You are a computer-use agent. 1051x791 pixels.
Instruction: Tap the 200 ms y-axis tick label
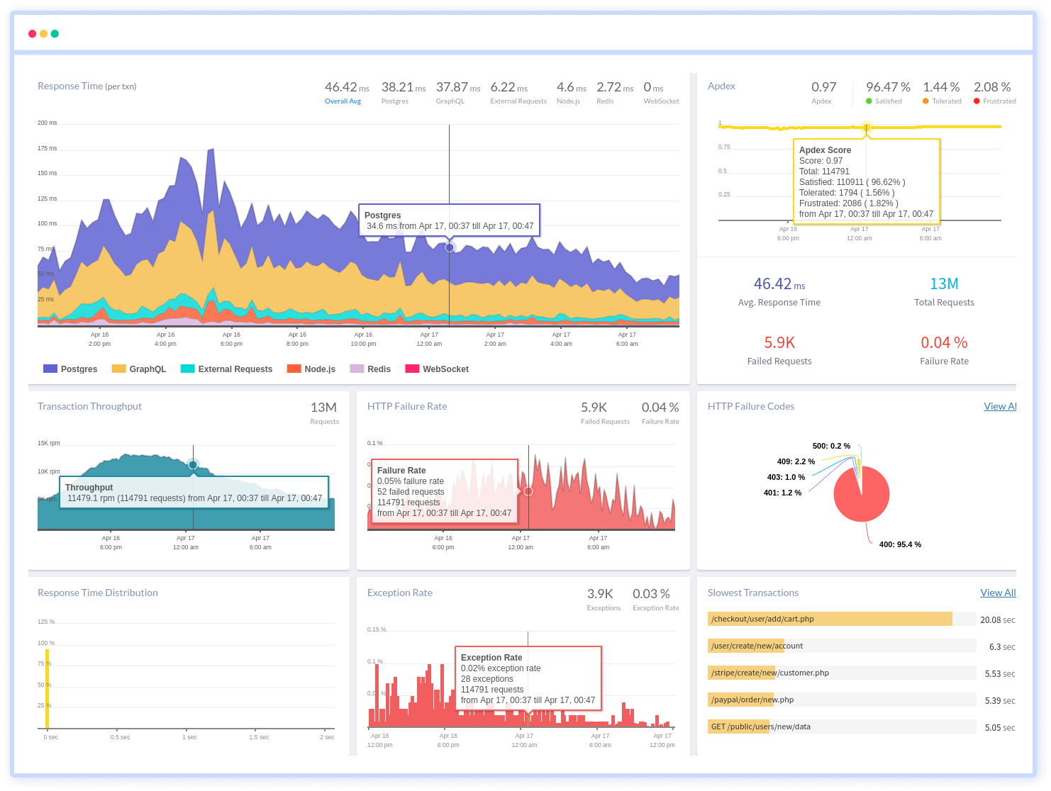47,123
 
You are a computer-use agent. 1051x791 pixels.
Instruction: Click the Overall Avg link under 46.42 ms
343,101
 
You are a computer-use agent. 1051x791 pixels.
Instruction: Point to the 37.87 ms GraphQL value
457,87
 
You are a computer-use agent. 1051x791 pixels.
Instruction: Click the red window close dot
32,33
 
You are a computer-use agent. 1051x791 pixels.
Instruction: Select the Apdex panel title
721,86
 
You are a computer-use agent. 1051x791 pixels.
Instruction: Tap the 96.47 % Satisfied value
887,87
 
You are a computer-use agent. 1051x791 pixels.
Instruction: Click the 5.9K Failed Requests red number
779,343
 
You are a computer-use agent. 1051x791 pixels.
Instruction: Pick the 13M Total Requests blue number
944,284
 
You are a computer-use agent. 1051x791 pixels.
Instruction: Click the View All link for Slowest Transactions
998,593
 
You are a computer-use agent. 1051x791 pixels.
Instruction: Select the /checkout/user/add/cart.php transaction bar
830,619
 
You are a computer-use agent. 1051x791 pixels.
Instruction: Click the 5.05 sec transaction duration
999,727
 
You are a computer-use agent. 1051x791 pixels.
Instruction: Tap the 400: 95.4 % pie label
900,544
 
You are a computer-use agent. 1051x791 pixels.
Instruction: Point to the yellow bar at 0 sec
48,688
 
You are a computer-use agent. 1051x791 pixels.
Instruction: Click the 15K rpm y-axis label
49,443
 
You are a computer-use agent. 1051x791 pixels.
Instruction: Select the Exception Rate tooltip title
491,658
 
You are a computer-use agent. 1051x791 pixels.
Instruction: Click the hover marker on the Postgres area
449,247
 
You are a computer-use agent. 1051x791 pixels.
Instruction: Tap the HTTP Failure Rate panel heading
407,406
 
